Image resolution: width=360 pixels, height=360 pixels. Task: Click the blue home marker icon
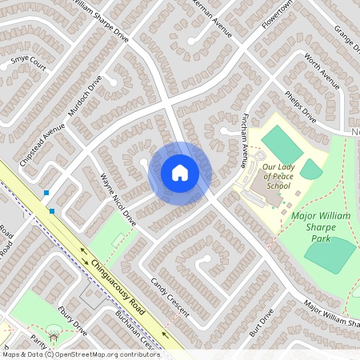[x=180, y=173]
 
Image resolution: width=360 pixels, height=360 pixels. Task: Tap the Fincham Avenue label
[x=240, y=141]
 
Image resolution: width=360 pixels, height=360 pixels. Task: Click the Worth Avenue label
[x=322, y=71]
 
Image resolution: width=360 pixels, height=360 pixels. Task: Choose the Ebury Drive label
[x=72, y=318]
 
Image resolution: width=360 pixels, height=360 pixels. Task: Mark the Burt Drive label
[x=255, y=323]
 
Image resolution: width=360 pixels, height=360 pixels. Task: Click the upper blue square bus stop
[x=47, y=193]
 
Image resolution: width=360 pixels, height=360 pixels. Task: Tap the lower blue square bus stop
[x=52, y=211]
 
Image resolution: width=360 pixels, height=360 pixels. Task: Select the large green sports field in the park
[x=330, y=255]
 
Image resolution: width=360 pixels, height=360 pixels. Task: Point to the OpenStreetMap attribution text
[x=80, y=354]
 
